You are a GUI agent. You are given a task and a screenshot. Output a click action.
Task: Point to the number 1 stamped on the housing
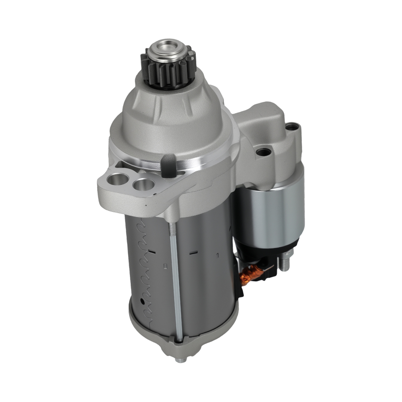click(x=217, y=255)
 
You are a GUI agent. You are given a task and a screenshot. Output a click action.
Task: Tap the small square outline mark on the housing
click(x=165, y=266)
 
